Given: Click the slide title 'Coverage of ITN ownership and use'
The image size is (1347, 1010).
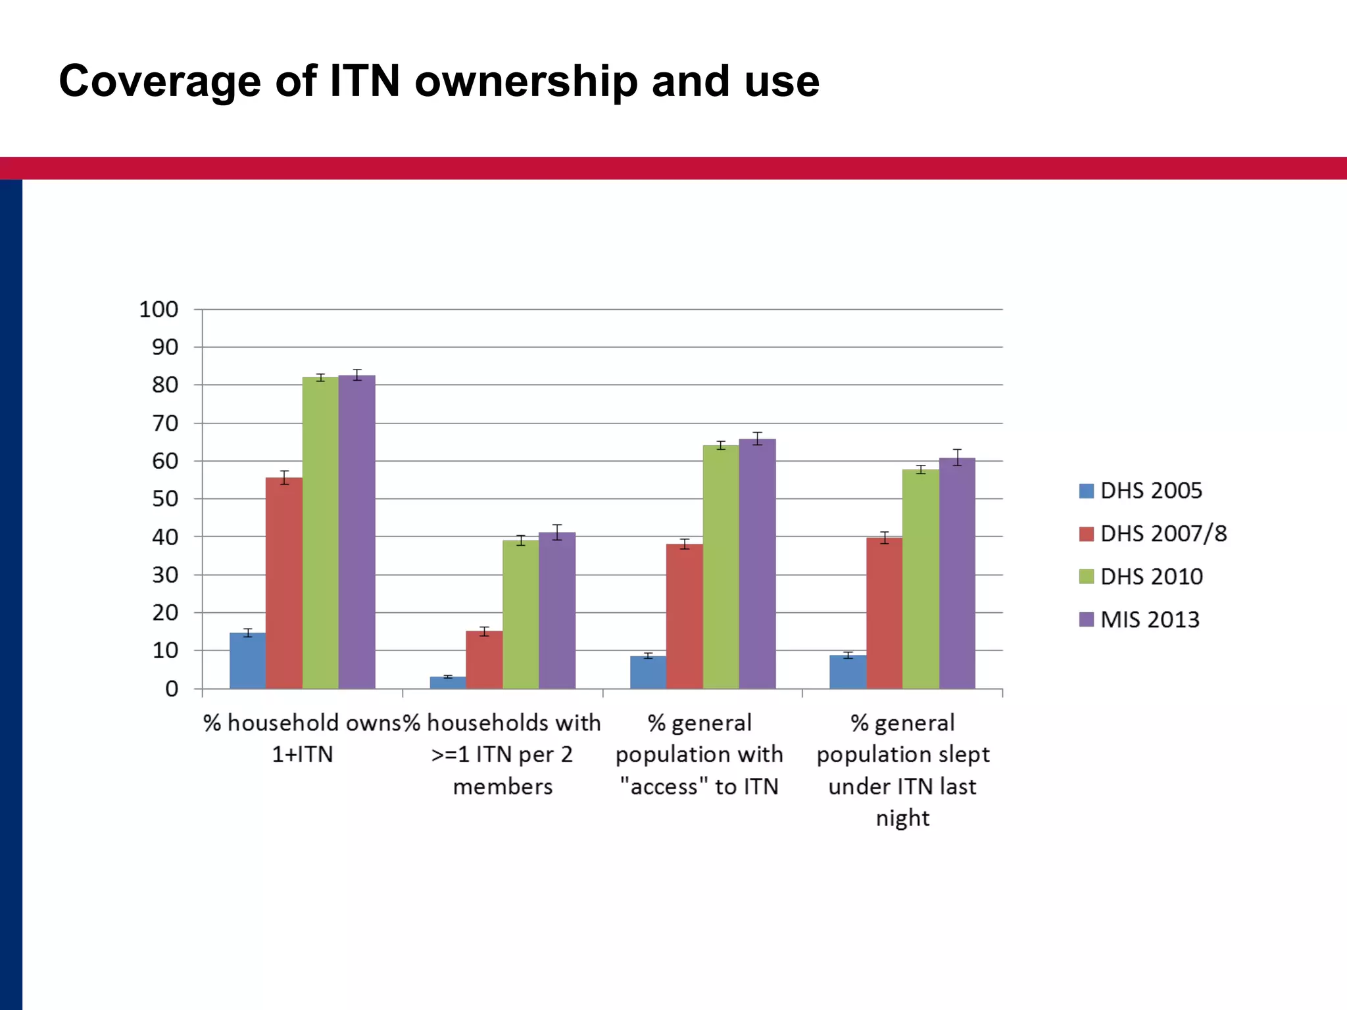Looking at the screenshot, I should coord(439,82).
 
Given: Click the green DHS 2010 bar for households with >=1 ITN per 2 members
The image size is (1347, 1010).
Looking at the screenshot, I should coord(521,614).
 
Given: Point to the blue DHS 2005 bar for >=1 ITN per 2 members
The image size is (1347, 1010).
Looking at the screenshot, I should coord(448,683).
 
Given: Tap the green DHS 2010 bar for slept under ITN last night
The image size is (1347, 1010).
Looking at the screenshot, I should coord(921,579).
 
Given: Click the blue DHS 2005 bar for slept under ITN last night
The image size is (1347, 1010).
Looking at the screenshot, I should coord(848,671).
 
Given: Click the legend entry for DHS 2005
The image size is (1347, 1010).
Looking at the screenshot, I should coord(1140,491).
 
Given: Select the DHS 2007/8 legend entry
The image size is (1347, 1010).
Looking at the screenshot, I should coord(1153,533).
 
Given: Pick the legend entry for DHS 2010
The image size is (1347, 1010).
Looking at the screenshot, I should coord(1141,577).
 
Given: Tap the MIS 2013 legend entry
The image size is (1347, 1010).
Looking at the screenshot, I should coord(1140,619).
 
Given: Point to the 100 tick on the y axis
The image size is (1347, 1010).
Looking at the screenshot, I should coord(159,309).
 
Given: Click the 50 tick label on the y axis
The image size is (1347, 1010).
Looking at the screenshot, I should coord(165,499).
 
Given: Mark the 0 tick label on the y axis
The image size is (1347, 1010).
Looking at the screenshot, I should coord(172,688).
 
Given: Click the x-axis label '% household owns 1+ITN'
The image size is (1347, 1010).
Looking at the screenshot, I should coord(302,738).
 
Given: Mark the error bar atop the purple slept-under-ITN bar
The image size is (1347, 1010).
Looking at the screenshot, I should coord(957,457).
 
